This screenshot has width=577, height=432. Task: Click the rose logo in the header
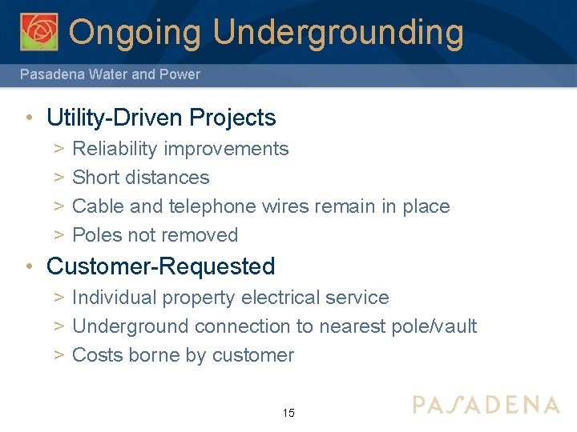(x=39, y=31)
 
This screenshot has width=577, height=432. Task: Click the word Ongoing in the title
(x=135, y=33)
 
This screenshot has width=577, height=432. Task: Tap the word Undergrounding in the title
(x=338, y=33)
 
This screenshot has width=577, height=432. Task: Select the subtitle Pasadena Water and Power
(x=110, y=74)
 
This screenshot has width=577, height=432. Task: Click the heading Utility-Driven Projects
(x=161, y=118)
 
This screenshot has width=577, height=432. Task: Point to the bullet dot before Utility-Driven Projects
(x=29, y=118)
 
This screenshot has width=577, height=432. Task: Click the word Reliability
(x=115, y=149)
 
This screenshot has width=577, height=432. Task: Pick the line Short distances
(x=140, y=178)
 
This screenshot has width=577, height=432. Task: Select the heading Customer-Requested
(x=161, y=266)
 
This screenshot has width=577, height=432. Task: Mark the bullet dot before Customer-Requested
(x=29, y=267)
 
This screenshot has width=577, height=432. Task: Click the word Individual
(x=115, y=298)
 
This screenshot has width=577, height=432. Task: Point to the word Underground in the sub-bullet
(x=131, y=326)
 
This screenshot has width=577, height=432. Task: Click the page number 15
(x=288, y=414)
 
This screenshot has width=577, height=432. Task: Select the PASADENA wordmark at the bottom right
(x=486, y=404)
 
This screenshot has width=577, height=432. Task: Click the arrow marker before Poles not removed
(x=59, y=235)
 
